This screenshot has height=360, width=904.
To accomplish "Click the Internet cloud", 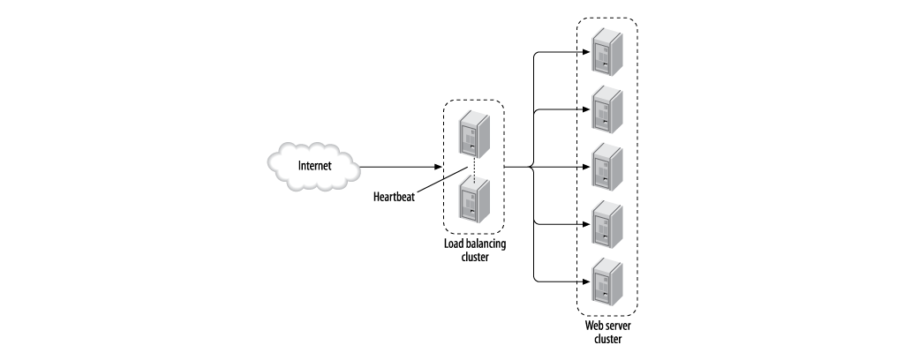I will [314, 166].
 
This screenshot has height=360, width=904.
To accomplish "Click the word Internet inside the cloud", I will [315, 166].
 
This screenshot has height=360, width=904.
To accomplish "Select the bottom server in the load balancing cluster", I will [472, 200].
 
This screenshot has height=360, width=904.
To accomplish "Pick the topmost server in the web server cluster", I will [606, 50].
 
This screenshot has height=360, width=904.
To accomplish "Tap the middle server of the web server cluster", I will [606, 165].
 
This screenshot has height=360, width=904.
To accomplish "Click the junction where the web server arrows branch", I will [533, 167].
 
